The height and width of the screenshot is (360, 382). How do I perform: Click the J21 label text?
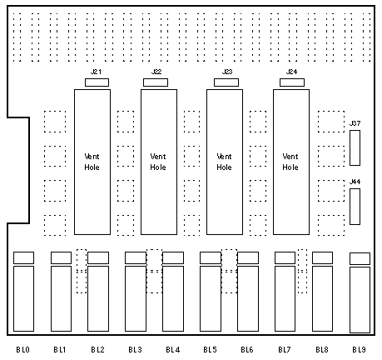click(x=96, y=72)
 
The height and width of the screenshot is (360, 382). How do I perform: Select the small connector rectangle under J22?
click(x=156, y=82)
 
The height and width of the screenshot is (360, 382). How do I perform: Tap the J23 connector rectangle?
click(x=226, y=82)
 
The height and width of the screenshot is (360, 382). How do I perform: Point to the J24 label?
click(x=292, y=72)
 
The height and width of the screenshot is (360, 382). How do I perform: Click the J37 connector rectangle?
click(x=355, y=147)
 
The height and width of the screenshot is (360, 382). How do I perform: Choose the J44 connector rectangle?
click(x=355, y=207)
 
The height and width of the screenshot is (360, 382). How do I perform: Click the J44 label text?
click(x=355, y=182)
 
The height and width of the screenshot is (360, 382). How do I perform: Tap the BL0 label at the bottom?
click(x=22, y=349)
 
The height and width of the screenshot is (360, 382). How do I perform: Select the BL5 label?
click(x=210, y=349)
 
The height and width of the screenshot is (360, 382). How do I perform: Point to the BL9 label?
click(x=359, y=349)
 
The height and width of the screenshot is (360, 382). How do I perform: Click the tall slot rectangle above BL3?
click(x=136, y=298)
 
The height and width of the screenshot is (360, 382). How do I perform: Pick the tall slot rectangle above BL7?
click(x=285, y=298)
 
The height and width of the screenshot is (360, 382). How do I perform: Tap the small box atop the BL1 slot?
click(x=61, y=257)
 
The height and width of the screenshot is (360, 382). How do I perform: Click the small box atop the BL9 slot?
click(x=360, y=258)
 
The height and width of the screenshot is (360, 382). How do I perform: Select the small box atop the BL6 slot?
click(x=248, y=257)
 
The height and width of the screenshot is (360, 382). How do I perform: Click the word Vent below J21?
click(x=92, y=157)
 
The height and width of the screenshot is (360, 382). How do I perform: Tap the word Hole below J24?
click(x=290, y=167)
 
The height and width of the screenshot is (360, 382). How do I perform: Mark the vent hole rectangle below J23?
click(x=225, y=162)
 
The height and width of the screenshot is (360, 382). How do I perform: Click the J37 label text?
click(x=355, y=123)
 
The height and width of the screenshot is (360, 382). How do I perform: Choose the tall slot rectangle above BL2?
click(x=98, y=298)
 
